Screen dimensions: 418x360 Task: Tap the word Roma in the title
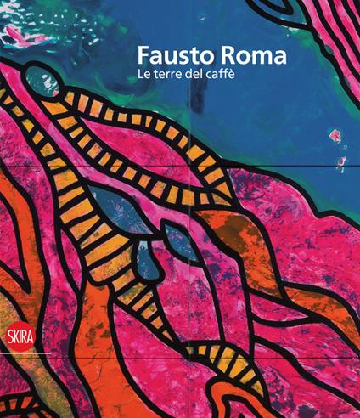pyautogui.click(x=239, y=57)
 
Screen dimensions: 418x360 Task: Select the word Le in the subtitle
pyautogui.click(x=145, y=78)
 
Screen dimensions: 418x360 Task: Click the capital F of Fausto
pyautogui.click(x=144, y=57)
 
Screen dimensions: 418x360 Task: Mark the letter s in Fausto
pyautogui.click(x=177, y=58)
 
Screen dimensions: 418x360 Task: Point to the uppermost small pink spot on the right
pyautogui.click(x=335, y=133)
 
